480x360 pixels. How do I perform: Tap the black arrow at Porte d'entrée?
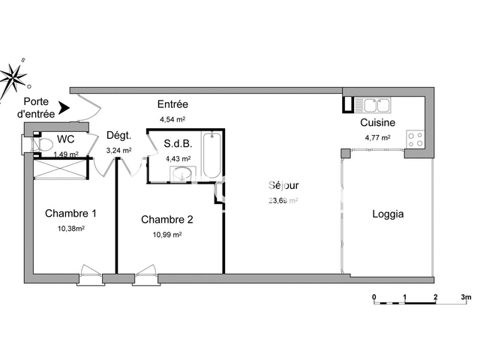[x=64, y=109]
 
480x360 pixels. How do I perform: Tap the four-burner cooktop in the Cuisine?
[x=415, y=139]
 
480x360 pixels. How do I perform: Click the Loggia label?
[x=388, y=214]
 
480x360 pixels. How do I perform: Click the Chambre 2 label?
[x=167, y=220]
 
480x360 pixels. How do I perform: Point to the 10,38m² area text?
[x=71, y=229]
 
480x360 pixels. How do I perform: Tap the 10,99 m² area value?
[x=167, y=235]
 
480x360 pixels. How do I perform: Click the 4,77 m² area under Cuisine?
[x=379, y=137]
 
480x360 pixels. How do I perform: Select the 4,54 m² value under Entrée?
[x=172, y=119]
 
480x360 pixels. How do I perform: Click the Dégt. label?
[x=119, y=136]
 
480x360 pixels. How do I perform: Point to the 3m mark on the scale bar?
[x=466, y=297]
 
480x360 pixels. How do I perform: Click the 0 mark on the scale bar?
[x=374, y=297]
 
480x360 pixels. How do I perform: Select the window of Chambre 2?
[x=145, y=272]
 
